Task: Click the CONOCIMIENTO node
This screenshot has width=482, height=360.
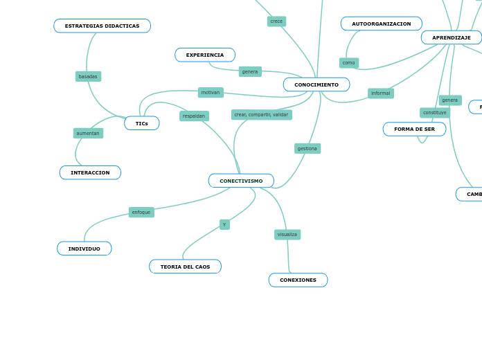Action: click(316, 84)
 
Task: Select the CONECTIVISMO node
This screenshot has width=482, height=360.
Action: click(241, 181)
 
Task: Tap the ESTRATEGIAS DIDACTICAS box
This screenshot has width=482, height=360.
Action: click(102, 26)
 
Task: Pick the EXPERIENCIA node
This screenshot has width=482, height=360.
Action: click(205, 55)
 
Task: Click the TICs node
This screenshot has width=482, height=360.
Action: click(142, 123)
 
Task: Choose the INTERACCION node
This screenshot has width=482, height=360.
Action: click(90, 172)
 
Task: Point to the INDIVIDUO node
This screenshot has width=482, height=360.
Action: click(84, 249)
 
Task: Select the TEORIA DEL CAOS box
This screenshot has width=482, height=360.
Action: click(185, 267)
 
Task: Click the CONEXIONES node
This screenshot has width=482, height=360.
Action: click(298, 280)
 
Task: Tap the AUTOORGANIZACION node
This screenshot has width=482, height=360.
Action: click(381, 24)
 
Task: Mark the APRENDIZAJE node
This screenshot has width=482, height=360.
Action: click(452, 37)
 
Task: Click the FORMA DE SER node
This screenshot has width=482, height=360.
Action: click(414, 129)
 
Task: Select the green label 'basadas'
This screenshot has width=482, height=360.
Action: click(88, 76)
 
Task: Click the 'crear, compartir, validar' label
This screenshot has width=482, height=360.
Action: click(261, 114)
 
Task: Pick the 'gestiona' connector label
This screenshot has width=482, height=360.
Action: click(307, 148)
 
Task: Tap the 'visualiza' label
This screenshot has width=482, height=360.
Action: click(287, 234)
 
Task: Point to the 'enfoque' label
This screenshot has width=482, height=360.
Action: click(141, 212)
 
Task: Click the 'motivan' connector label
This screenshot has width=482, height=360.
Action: click(211, 92)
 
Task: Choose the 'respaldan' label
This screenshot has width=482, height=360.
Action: click(194, 116)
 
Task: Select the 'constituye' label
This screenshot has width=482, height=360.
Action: click(435, 112)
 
